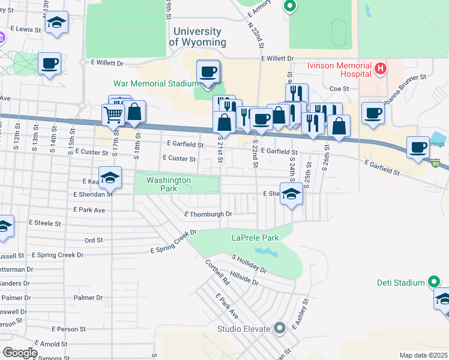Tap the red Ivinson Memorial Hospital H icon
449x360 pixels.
(379, 69)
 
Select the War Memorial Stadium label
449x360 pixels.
(156, 83)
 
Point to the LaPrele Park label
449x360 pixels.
(255, 238)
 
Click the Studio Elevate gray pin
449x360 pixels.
(279, 328)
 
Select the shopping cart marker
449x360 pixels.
(113, 114)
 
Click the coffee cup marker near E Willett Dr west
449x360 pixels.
(50, 63)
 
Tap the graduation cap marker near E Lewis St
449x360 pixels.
(57, 23)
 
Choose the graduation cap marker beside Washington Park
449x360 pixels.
(110, 177)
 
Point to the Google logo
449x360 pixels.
(20, 353)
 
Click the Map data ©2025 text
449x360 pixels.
(423, 355)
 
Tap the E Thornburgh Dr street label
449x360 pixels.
(208, 214)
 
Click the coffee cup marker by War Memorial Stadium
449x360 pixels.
(208, 72)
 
